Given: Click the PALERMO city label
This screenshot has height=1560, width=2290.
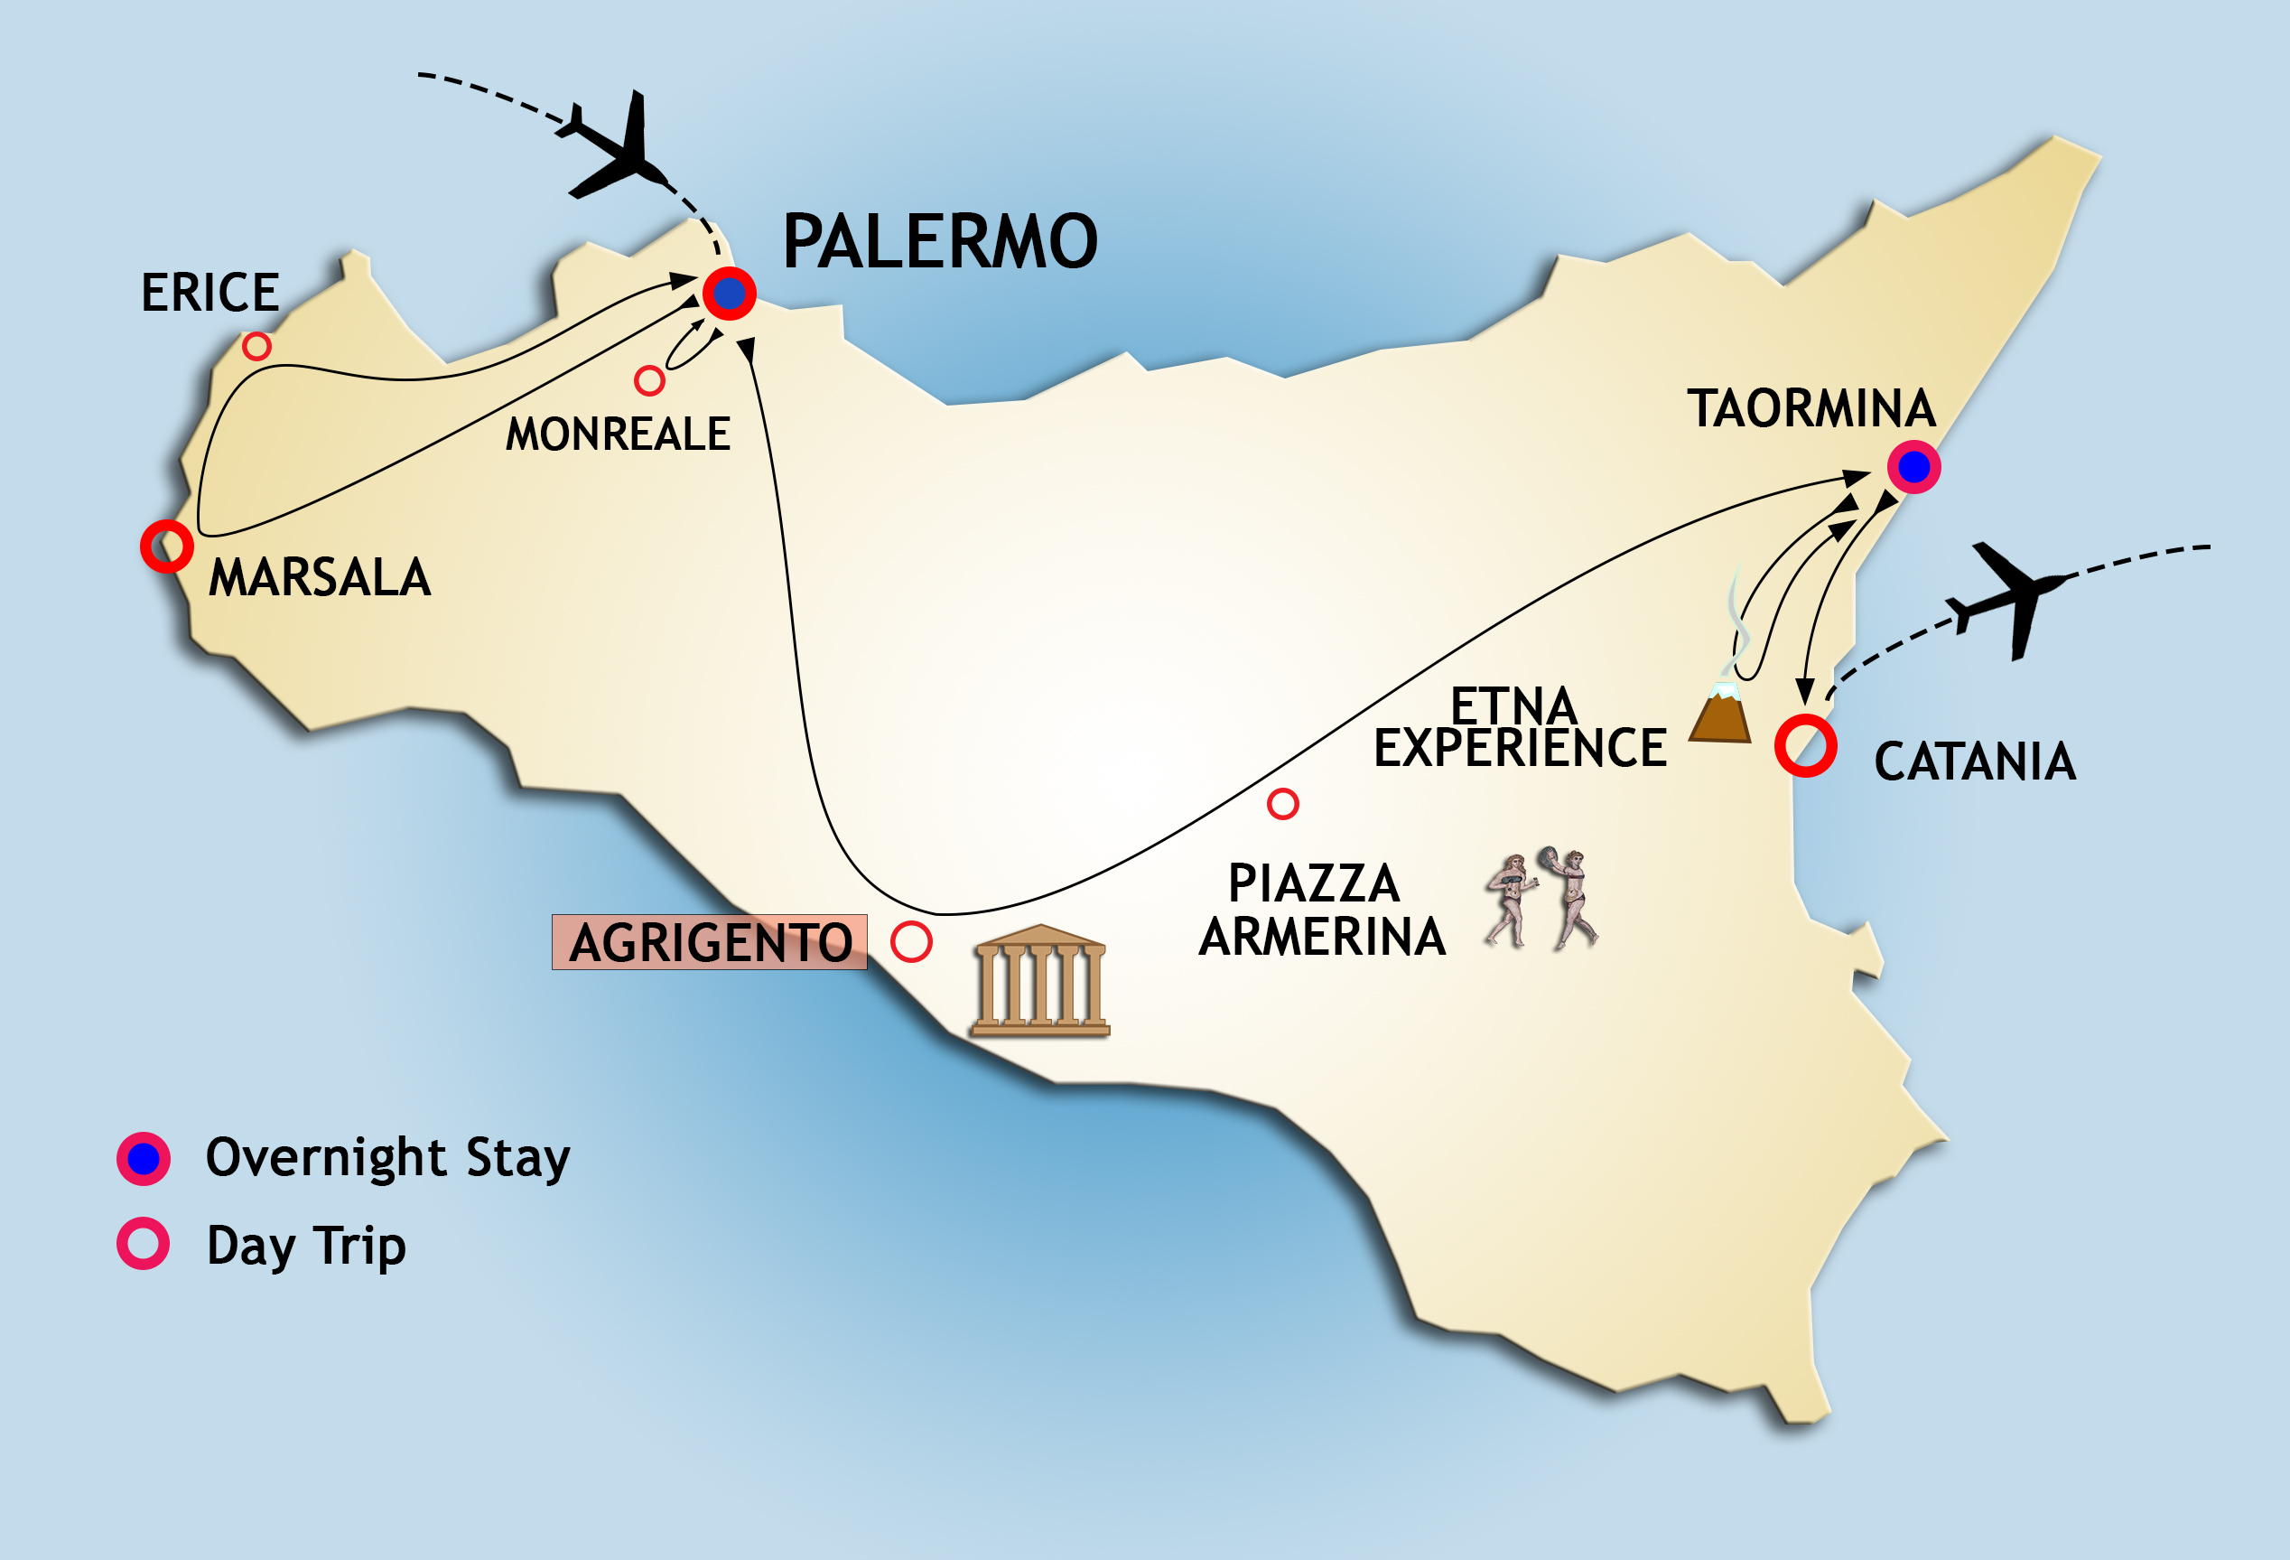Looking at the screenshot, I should point(939,242).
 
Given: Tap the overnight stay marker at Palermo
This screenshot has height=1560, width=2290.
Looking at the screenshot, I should point(730,293).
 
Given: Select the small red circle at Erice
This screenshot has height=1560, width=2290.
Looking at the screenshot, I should point(257,346).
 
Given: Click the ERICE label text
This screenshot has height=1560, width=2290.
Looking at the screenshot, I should point(209,293).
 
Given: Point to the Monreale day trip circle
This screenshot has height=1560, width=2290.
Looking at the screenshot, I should point(649,380).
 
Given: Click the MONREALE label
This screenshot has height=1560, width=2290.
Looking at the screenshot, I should point(618,434).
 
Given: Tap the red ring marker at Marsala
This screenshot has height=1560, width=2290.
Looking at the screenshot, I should point(166,546).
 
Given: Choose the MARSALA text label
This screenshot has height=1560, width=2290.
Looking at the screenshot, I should point(320,577).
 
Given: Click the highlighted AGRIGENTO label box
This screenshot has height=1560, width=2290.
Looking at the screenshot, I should point(710,942).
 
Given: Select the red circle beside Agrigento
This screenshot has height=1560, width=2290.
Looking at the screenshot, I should point(911,941).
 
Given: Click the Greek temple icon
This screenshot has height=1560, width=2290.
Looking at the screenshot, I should point(1040,981).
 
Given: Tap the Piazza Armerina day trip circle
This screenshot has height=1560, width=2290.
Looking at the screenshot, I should point(1282,804).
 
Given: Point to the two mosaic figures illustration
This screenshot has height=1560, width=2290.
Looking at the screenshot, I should point(1541,899).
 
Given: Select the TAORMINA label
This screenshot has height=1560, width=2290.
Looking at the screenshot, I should point(1811,409).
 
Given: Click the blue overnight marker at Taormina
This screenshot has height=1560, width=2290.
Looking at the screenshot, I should point(1913,467).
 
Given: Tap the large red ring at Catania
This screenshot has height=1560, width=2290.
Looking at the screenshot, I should point(1805,746).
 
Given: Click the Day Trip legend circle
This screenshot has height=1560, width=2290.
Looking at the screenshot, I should point(144,1244).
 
